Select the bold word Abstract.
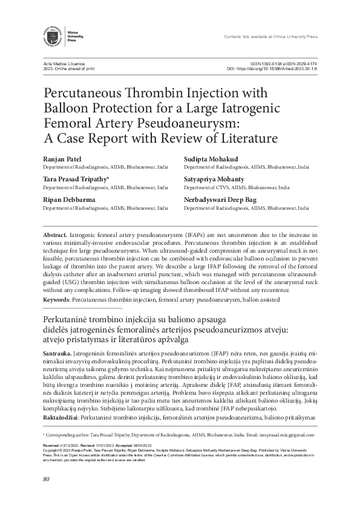(x=54, y=233)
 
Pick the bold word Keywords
(x=56, y=299)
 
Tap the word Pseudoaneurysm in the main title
(x=189, y=124)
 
